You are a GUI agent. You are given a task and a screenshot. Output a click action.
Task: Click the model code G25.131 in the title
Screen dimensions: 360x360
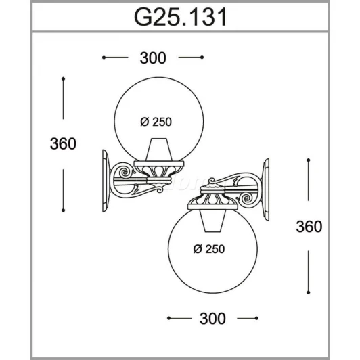point(181,17)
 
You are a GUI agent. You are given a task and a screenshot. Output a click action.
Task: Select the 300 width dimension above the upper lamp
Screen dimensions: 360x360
point(153,58)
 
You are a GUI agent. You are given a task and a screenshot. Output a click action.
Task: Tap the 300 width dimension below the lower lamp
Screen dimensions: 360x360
point(212,319)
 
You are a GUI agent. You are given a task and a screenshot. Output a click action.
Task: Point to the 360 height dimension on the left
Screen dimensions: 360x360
point(63,144)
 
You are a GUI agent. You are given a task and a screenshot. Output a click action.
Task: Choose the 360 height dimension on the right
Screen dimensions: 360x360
point(309,227)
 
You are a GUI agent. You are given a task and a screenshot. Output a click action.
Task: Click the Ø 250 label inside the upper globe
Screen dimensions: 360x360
point(156,122)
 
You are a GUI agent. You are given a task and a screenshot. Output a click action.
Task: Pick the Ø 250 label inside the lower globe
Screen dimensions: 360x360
point(209,249)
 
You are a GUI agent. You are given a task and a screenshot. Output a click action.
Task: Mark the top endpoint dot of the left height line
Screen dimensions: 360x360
point(63,79)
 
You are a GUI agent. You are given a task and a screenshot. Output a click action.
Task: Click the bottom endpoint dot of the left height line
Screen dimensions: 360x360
point(63,210)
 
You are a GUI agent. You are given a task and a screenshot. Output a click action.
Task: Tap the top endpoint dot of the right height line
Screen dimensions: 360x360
point(309,160)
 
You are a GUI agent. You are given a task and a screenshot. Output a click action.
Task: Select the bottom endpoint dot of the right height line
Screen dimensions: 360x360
point(309,292)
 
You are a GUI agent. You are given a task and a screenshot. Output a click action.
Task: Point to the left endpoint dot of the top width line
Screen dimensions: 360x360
point(104,58)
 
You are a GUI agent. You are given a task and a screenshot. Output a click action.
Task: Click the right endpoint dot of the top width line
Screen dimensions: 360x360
point(202,57)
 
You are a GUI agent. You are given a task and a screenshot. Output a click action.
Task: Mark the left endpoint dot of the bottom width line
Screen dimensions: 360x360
point(169,318)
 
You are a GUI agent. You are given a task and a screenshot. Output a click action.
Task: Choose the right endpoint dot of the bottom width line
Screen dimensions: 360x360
point(256,318)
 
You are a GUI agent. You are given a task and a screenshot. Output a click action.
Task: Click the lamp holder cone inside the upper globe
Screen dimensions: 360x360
point(159,150)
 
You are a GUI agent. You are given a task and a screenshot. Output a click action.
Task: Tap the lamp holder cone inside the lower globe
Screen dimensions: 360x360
point(212,221)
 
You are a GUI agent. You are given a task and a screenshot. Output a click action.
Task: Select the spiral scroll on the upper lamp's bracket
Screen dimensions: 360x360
point(125,171)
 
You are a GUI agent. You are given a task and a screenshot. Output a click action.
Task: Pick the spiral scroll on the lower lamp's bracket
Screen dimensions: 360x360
point(247,198)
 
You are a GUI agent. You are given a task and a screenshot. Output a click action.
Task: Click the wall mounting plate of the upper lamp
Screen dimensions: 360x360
point(106,181)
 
